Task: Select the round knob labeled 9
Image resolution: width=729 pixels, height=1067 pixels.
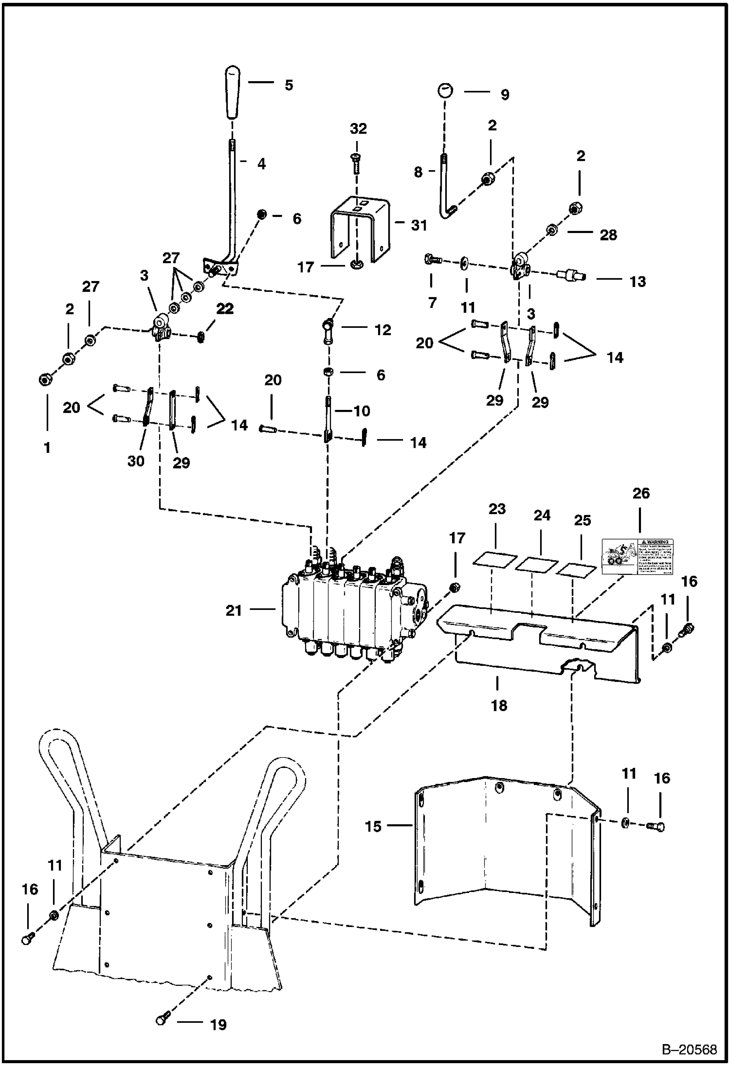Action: tap(445, 90)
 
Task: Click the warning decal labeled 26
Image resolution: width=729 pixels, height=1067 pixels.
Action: tap(638, 556)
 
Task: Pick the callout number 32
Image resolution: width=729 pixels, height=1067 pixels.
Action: tap(358, 129)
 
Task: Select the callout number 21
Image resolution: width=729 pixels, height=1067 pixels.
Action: tap(234, 610)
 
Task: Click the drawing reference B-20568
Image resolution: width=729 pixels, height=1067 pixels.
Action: tap(689, 1049)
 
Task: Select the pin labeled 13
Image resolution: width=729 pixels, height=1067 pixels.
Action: tap(570, 276)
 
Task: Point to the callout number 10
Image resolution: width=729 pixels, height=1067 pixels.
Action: tap(362, 411)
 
